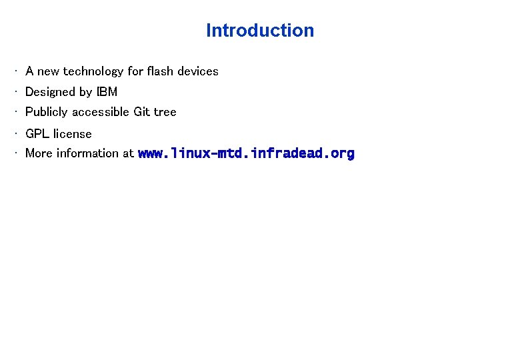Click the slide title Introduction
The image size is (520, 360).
click(x=260, y=31)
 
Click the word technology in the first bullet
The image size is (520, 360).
click(x=93, y=71)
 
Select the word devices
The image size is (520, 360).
click(x=198, y=71)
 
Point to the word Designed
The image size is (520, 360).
click(x=51, y=91)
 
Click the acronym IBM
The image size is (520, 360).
click(x=107, y=91)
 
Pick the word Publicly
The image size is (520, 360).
click(x=47, y=112)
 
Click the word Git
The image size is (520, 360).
click(x=142, y=112)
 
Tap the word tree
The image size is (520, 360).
click(x=165, y=112)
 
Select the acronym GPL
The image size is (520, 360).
click(x=37, y=133)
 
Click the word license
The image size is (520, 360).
click(x=73, y=133)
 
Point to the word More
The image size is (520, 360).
click(x=39, y=153)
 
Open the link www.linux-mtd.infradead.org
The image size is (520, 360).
click(x=246, y=153)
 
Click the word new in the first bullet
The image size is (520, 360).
click(x=49, y=71)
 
